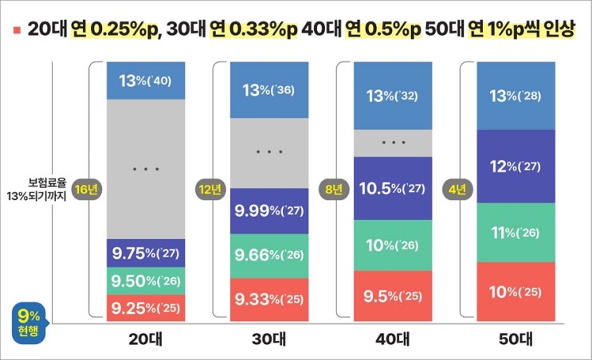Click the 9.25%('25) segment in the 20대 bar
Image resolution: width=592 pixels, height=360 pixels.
(x=145, y=307)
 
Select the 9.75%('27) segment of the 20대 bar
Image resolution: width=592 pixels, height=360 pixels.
(x=145, y=252)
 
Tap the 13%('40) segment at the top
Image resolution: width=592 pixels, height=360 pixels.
(x=145, y=80)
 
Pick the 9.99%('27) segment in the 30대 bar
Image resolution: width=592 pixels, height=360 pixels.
(x=269, y=211)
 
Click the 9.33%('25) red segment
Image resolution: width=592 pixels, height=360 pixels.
(x=269, y=299)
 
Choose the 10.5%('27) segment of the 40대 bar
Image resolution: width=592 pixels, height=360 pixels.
(x=393, y=189)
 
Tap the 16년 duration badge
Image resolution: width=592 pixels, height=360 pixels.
(x=84, y=190)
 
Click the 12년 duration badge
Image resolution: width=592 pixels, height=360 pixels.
(x=209, y=190)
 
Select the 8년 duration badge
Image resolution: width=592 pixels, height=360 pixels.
(x=332, y=190)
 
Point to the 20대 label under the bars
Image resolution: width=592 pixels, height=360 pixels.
(x=145, y=338)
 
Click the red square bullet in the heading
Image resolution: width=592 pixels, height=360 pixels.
(x=17, y=29)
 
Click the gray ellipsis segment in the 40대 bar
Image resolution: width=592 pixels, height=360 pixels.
(x=393, y=143)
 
